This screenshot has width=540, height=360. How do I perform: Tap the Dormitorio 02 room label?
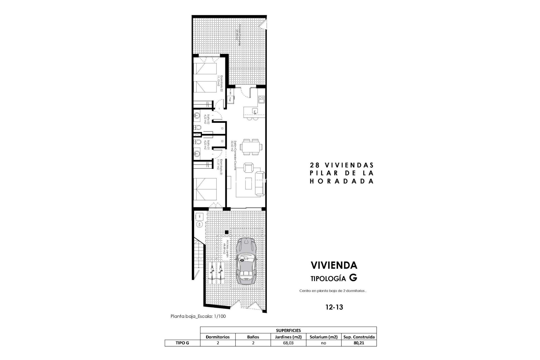point(220,84)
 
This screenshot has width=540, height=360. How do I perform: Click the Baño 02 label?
point(207,119)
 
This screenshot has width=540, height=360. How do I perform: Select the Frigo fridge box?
point(230,99)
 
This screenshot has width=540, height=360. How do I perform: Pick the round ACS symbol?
point(199,224)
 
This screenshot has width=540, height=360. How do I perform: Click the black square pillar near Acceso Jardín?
point(227,232)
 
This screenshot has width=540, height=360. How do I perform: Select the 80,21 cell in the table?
point(359,343)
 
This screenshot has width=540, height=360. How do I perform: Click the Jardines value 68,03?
point(288,343)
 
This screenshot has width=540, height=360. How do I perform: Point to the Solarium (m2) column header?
point(323,337)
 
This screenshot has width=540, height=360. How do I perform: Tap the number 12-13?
point(334,307)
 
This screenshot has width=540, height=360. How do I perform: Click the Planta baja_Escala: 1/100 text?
point(198,316)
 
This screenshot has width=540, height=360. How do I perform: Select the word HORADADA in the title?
point(341,181)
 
